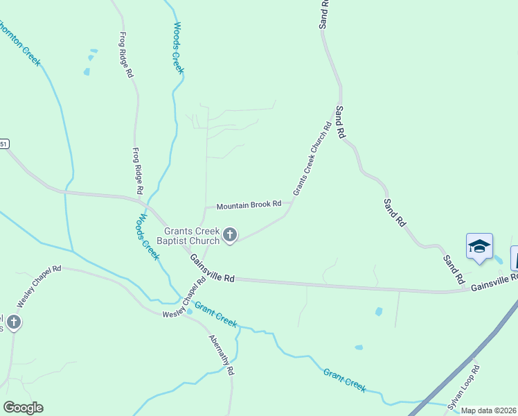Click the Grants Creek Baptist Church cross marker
pos(230,236)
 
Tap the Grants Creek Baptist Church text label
pos(192,236)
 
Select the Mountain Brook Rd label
pos(249,205)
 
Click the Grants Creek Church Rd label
pos(312,159)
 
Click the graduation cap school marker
pos(479,247)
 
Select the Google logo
pos(23,408)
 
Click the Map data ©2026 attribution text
pos(489,410)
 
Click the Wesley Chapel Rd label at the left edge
pos(39,287)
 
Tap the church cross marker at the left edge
pos(13,322)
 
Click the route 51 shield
pos(4,144)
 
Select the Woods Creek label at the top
pos(178,47)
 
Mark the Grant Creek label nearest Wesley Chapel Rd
pos(215,314)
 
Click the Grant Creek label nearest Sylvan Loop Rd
pos(344,381)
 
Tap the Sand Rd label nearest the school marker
pos(454,268)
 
